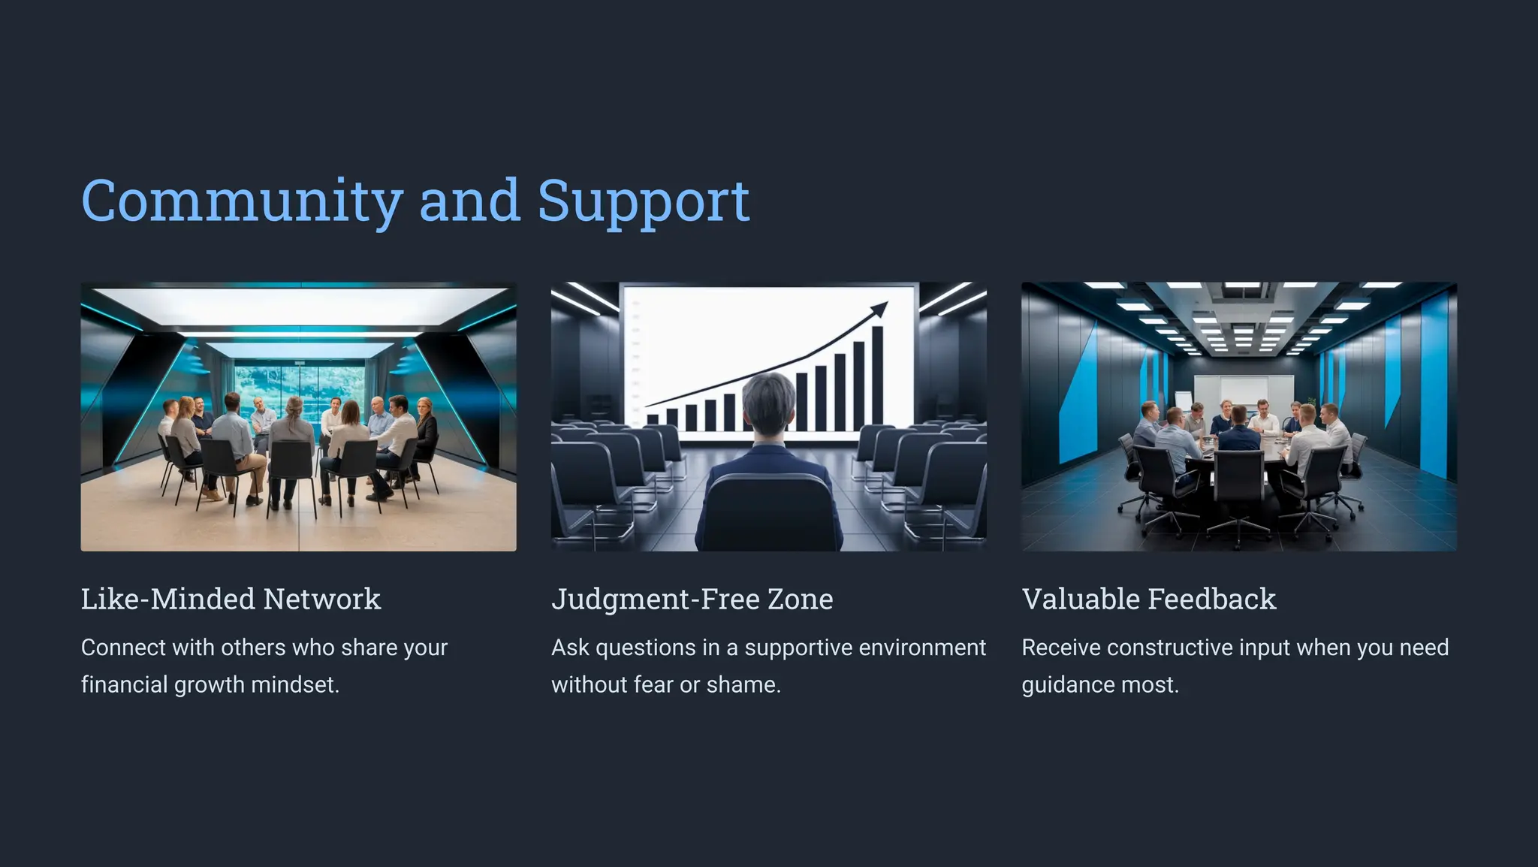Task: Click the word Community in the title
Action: click(242, 201)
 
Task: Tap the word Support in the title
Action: click(644, 201)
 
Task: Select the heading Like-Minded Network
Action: click(231, 599)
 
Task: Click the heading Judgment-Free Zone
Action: click(692, 599)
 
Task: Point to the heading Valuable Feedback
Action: click(1148, 599)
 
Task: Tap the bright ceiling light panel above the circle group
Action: click(299, 306)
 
